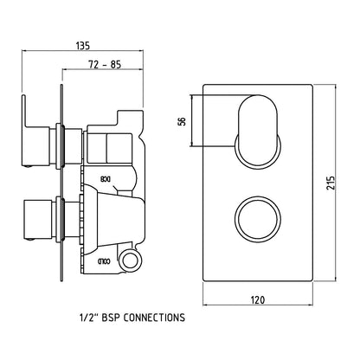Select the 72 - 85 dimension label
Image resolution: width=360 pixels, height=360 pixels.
[x=105, y=65]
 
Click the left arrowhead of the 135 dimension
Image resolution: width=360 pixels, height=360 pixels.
[x=23, y=52]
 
